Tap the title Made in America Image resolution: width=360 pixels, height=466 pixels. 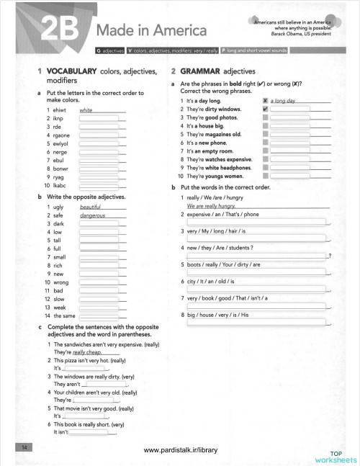click(151, 32)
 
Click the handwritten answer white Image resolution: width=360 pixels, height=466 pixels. click(86, 110)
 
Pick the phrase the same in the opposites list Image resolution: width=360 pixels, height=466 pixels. click(65, 316)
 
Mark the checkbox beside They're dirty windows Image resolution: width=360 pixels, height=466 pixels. click(266, 109)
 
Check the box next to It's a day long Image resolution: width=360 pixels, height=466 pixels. click(266, 101)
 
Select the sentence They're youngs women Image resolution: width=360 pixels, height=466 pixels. click(220, 175)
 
